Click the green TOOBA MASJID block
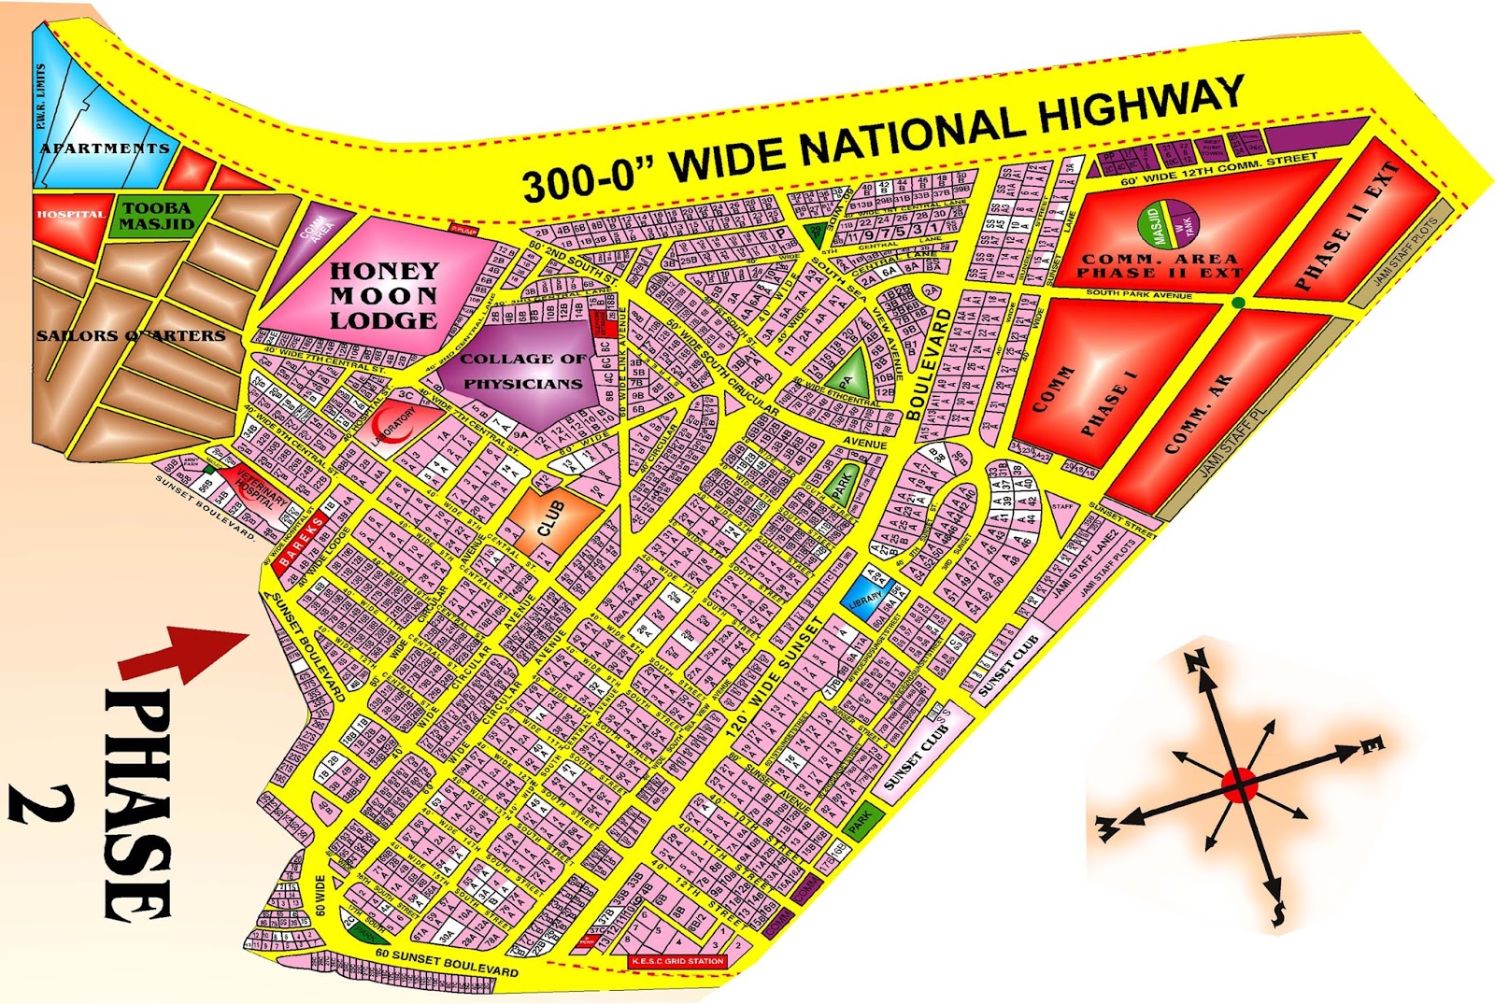click(x=157, y=216)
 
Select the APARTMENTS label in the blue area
click(x=105, y=148)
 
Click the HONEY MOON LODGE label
click(x=383, y=295)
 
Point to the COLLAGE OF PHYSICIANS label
click(x=522, y=371)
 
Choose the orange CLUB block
click(x=553, y=516)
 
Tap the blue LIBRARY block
click(x=865, y=595)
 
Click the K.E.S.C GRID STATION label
click(x=677, y=961)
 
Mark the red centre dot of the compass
click(x=1239, y=785)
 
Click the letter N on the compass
click(x=1196, y=662)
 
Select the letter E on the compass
click(x=1372, y=744)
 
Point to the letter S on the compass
click(x=1278, y=912)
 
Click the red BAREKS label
click(x=302, y=539)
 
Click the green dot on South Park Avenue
click(x=1238, y=303)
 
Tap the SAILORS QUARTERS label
click(x=131, y=335)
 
